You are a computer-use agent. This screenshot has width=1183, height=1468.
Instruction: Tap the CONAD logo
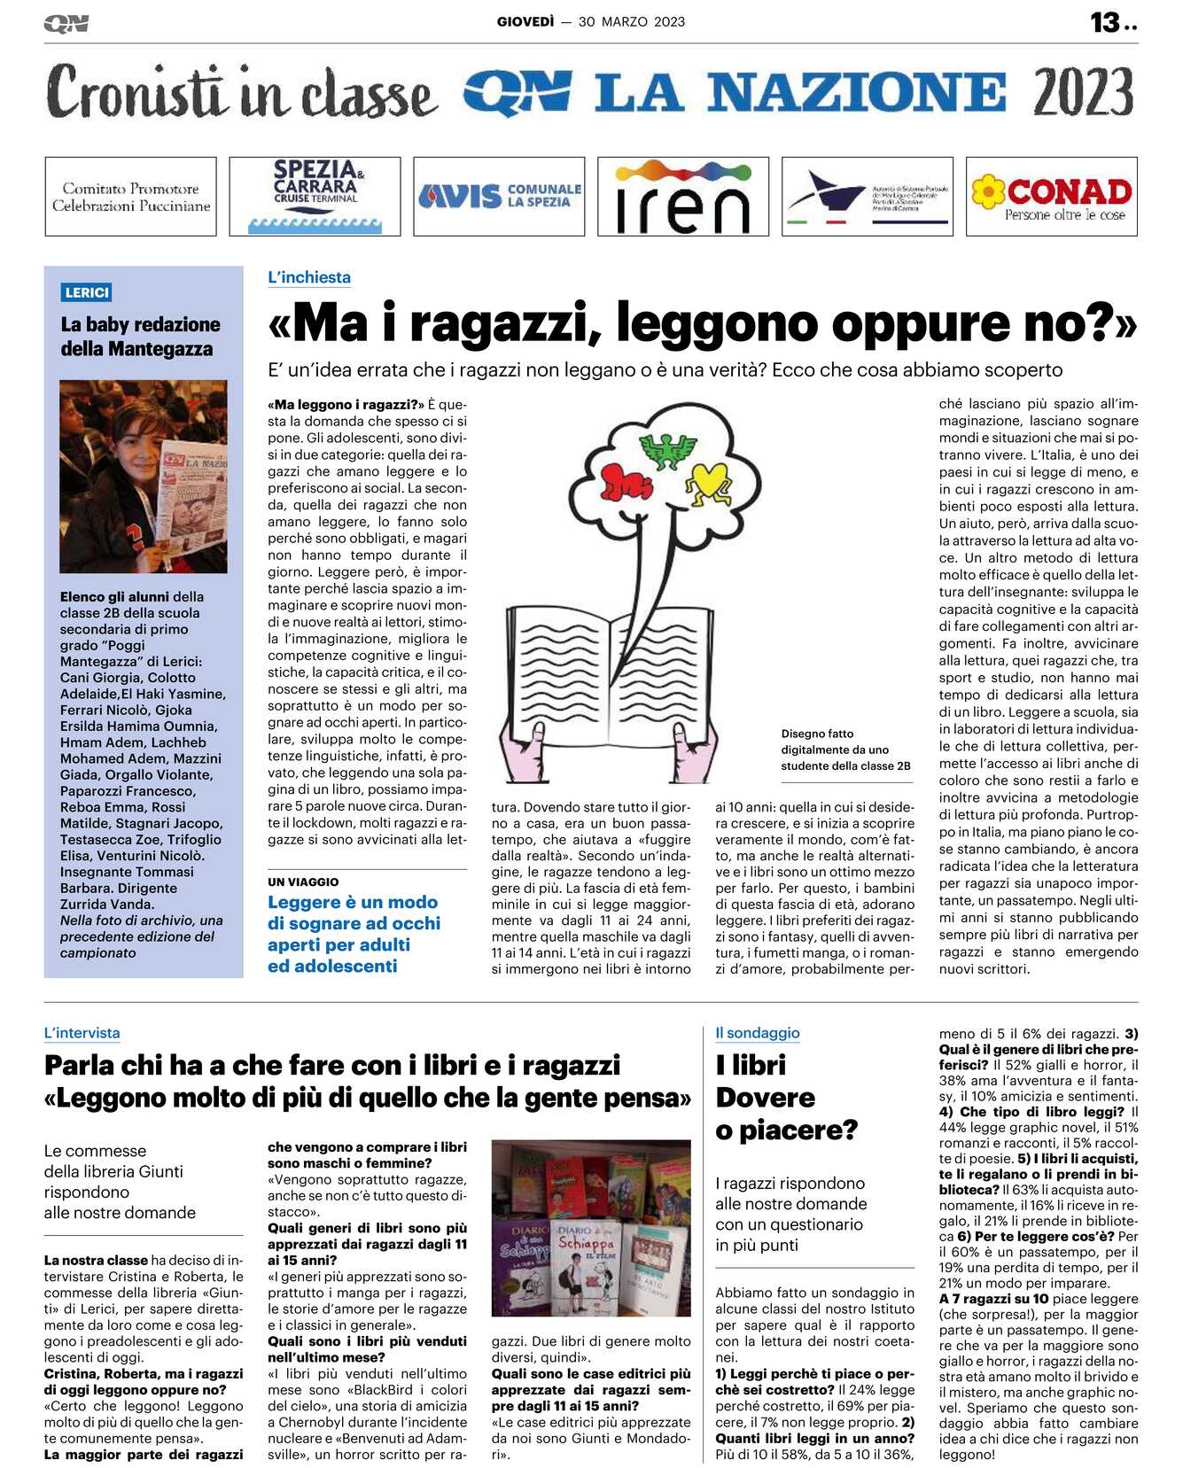coord(1052,197)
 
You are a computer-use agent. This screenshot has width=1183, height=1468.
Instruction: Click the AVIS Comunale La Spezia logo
coord(499,196)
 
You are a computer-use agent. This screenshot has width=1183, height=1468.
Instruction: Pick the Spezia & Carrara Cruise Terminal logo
coord(315,196)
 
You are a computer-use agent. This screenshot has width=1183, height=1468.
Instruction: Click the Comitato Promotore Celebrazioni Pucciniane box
coord(131,197)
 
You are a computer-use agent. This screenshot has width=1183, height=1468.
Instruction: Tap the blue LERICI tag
coord(87,292)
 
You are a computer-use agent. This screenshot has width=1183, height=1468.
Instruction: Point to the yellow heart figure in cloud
coord(708,483)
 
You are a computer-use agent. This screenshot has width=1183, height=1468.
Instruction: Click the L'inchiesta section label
coord(309,277)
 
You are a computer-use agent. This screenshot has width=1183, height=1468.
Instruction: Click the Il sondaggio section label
coord(757,1033)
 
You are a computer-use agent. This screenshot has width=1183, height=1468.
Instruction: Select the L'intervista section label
coord(82,1033)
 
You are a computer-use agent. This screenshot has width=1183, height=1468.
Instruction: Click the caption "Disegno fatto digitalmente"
coord(844,750)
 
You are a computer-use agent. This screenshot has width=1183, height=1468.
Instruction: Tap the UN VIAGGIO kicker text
coord(303,882)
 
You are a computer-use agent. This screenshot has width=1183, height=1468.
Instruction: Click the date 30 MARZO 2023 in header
coord(631,21)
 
